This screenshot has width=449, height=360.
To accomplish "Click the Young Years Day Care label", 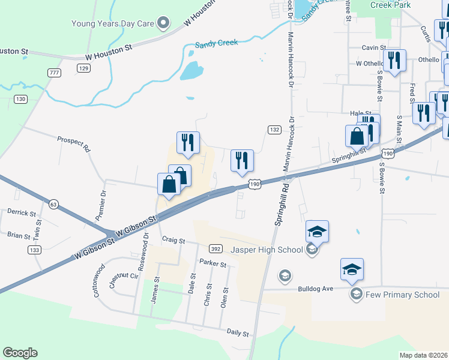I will point(113,24).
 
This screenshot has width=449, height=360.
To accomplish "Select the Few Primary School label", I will point(403,294).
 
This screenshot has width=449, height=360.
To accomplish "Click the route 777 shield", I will point(55,72).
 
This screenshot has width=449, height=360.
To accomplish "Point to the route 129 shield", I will point(83,68).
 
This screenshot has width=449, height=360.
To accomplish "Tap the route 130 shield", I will point(21,99).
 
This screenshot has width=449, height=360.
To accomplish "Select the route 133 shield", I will point(34,250).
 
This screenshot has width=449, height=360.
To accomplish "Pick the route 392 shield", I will point(215,248).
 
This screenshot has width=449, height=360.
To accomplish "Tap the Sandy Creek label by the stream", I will point(216,43).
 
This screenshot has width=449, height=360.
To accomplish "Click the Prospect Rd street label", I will point(73,143).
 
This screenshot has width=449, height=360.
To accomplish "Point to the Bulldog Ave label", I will point(315,289).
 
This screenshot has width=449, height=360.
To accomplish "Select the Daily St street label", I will point(238,332).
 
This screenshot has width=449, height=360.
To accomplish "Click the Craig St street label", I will point(173,239).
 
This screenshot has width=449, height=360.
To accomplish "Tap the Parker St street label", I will point(213,264).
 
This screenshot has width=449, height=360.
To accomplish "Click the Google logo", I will point(20,353).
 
